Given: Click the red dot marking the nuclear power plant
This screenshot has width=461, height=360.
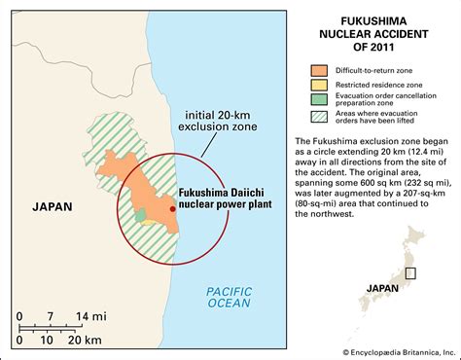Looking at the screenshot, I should [173, 208].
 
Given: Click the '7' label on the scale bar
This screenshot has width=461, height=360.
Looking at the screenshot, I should [49, 316].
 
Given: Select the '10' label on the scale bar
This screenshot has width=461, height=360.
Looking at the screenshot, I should [52, 341].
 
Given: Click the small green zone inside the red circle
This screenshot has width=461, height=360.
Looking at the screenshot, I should [140, 213].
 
